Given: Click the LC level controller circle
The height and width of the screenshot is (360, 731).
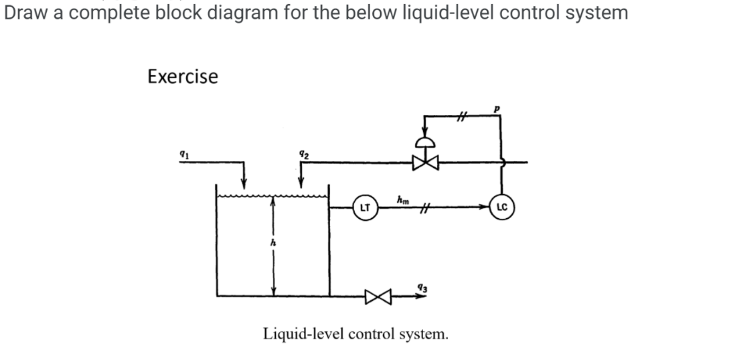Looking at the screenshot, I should (503, 207).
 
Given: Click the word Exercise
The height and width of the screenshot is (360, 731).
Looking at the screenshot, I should (183, 77).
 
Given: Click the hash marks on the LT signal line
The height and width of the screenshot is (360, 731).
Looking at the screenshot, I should (422, 208).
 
